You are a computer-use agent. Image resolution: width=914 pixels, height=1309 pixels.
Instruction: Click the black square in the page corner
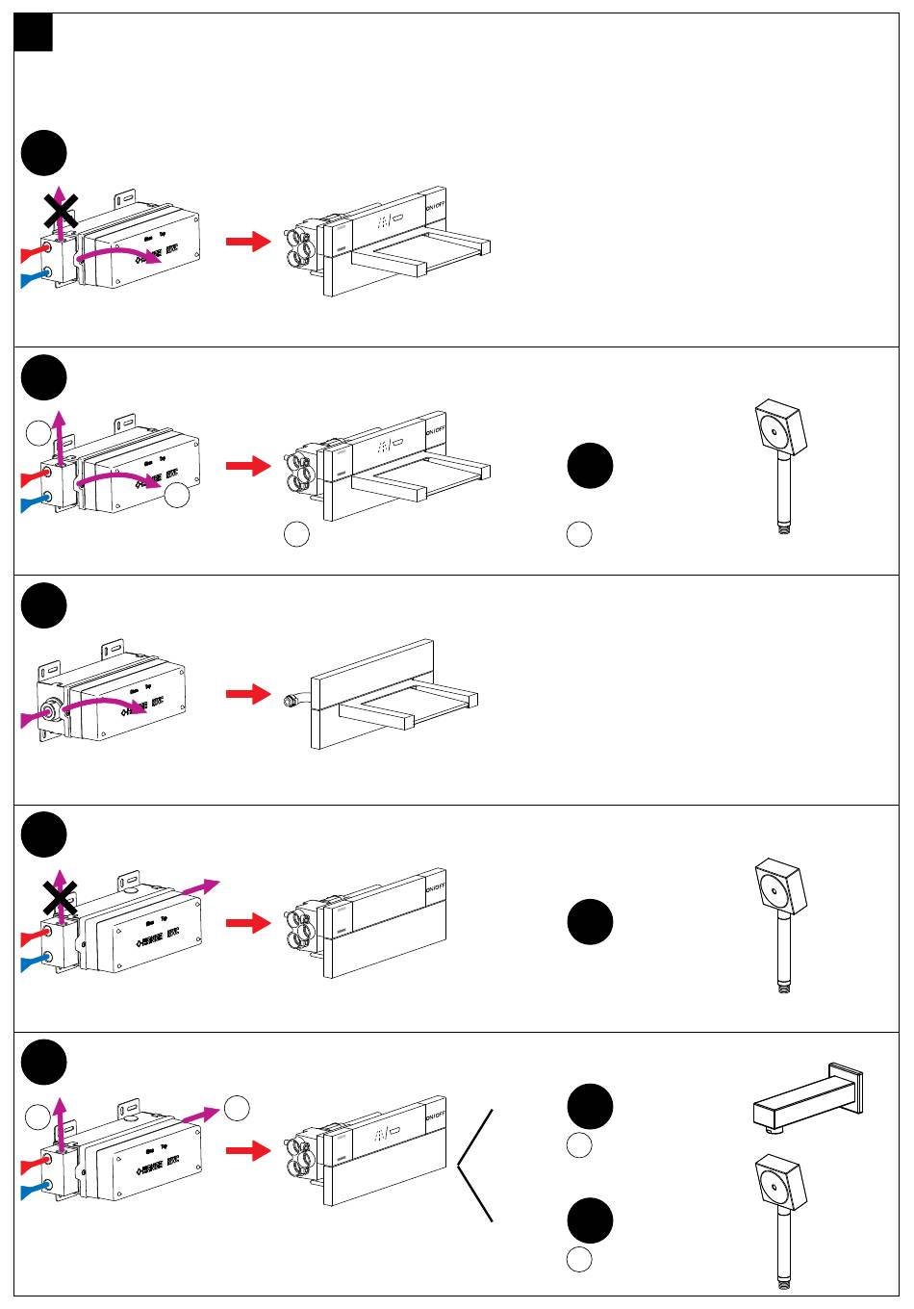(34, 33)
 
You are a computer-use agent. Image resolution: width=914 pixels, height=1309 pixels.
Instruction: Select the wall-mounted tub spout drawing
(808, 1098)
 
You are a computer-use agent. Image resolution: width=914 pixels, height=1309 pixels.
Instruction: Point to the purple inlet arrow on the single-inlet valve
(33, 717)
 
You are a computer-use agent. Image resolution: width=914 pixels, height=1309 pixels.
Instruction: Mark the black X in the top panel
(60, 211)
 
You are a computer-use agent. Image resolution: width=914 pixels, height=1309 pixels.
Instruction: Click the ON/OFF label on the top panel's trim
(435, 207)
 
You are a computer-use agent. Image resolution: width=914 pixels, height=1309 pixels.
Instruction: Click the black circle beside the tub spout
(590, 1106)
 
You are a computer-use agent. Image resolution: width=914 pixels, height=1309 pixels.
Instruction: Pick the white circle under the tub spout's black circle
(578, 1145)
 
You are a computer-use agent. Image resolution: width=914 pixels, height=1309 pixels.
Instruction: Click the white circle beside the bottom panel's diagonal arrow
(237, 1107)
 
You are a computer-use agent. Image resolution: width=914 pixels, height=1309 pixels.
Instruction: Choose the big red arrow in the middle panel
(248, 694)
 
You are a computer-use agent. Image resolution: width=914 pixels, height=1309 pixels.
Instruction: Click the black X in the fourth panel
(60, 901)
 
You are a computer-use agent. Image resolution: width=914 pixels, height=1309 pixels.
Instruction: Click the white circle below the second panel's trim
(296, 535)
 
